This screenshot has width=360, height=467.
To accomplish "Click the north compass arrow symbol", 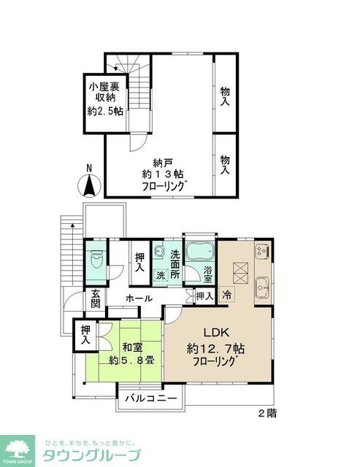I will (88, 183).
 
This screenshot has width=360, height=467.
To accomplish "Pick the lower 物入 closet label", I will (226, 164).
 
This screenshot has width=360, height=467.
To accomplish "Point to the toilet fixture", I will (94, 260).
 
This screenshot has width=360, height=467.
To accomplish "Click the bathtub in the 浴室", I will (198, 255).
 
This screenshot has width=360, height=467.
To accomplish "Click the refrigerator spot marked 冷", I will (226, 296).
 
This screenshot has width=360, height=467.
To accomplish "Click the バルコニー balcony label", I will (150, 399).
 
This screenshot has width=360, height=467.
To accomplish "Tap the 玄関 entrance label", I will (95, 298).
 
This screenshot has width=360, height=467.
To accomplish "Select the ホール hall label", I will (139, 298).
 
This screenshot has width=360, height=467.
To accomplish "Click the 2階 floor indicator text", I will (267, 413).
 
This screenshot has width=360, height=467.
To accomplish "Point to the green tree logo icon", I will (20, 447).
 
